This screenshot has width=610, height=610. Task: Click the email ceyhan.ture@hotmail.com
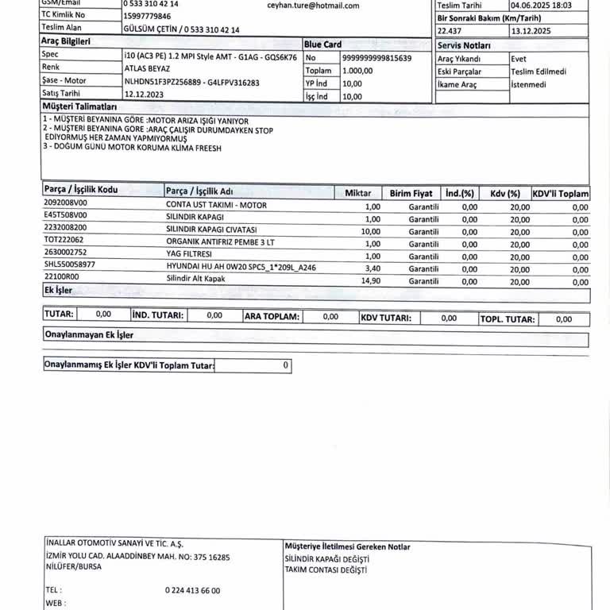(313, 6)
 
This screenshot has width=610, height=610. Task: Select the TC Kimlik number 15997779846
(147, 16)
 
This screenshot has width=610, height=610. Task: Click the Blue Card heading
(322, 44)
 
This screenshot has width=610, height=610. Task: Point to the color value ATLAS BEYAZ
(147, 69)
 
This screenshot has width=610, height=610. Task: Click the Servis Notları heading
(464, 46)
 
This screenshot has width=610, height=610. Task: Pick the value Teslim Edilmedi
(539, 71)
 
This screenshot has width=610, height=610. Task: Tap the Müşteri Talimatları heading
(79, 106)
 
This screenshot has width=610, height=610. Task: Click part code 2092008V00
(66, 203)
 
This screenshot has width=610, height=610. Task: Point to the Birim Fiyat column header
(411, 194)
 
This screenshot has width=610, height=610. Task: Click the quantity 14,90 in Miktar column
(371, 281)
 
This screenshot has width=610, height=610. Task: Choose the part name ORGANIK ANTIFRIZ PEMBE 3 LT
(220, 241)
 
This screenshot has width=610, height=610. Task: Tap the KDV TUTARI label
(386, 318)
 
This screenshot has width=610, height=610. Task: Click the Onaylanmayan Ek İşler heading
(89, 335)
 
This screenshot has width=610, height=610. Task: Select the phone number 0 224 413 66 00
(192, 590)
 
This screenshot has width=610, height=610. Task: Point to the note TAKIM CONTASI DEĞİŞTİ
(326, 570)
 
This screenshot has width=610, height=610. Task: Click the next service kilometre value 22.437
(449, 31)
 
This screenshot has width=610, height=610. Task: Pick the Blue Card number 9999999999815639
(376, 58)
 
